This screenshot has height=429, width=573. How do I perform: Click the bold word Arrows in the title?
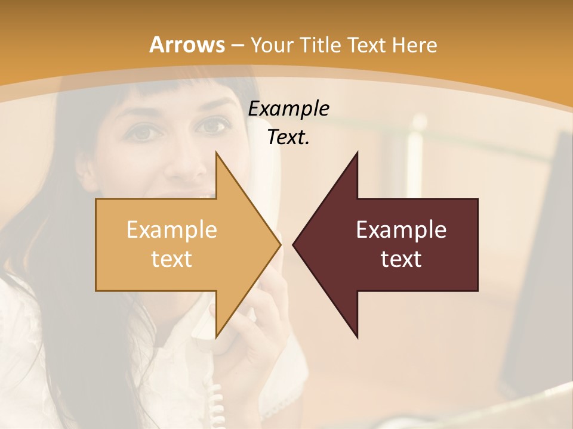click(x=187, y=45)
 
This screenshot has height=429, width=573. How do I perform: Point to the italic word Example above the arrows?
click(x=288, y=109)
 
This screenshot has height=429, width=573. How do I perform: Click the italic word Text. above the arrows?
click(x=288, y=137)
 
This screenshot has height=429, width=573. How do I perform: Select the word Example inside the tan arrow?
click(x=172, y=230)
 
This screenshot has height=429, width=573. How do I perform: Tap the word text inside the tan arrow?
click(x=172, y=259)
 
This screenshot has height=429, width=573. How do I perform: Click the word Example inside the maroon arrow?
click(x=401, y=230)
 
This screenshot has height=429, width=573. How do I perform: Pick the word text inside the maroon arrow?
click(x=401, y=259)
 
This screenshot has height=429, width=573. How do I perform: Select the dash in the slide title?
click(x=236, y=45)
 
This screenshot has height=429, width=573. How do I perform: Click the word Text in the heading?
click(x=369, y=45)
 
